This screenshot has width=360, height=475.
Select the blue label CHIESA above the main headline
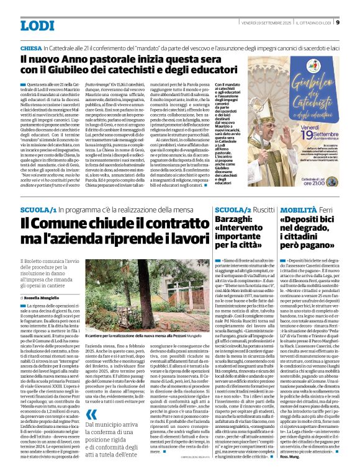[x=31, y=48]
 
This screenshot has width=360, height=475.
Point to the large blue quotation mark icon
[x=91, y=397]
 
